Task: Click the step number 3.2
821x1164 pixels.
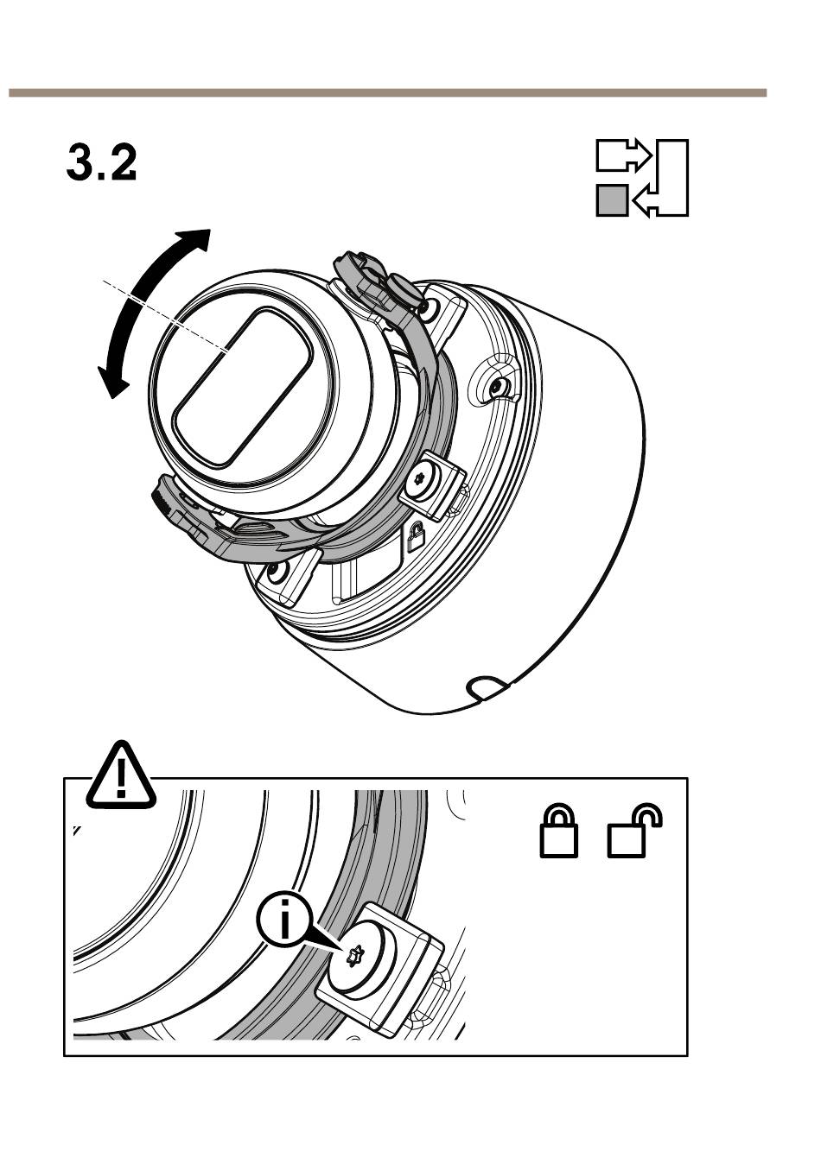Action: [x=101, y=163]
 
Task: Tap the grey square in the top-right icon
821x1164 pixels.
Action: [x=612, y=200]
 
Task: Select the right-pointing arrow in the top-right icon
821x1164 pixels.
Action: [x=623, y=155]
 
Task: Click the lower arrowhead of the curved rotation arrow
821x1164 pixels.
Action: [x=111, y=381]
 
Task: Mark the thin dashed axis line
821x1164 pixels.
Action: [x=165, y=316]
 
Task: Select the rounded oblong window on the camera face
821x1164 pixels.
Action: [x=242, y=387]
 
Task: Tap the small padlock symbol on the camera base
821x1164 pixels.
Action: [x=415, y=537]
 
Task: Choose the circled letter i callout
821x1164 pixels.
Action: [x=283, y=923]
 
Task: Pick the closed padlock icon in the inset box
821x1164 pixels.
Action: [x=558, y=830]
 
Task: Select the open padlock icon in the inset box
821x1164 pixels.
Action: [x=634, y=830]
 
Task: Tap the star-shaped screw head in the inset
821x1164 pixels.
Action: [x=354, y=955]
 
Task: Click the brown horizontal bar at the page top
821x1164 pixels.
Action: [x=388, y=92]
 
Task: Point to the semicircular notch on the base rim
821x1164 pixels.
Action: [x=484, y=686]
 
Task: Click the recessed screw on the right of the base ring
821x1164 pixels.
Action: [x=499, y=386]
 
